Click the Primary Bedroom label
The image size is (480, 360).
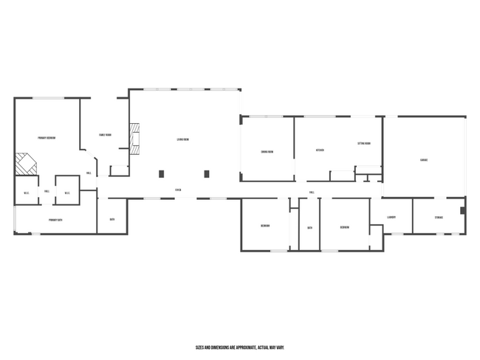[x=47, y=138]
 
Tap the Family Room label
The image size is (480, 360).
[x=105, y=135]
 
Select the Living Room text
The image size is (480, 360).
[x=182, y=139]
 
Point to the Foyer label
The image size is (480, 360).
[x=178, y=190]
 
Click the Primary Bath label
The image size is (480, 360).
[x=55, y=220]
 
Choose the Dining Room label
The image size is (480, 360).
[x=267, y=152]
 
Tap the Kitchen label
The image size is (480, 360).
[x=320, y=150]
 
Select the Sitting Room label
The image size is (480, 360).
[x=364, y=143]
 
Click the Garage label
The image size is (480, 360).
[x=424, y=159]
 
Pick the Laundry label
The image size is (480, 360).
[x=391, y=217]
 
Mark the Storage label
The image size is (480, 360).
[x=439, y=217]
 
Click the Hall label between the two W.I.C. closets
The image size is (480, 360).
[x=47, y=191]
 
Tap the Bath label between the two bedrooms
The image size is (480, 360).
[x=309, y=227]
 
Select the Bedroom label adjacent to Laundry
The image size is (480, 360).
[x=344, y=227]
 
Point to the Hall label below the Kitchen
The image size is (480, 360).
[x=312, y=192]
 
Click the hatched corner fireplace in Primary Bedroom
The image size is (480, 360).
[x=27, y=164]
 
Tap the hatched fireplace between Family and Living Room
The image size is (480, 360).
[x=134, y=138]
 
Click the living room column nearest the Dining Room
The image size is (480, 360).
[x=207, y=174]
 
